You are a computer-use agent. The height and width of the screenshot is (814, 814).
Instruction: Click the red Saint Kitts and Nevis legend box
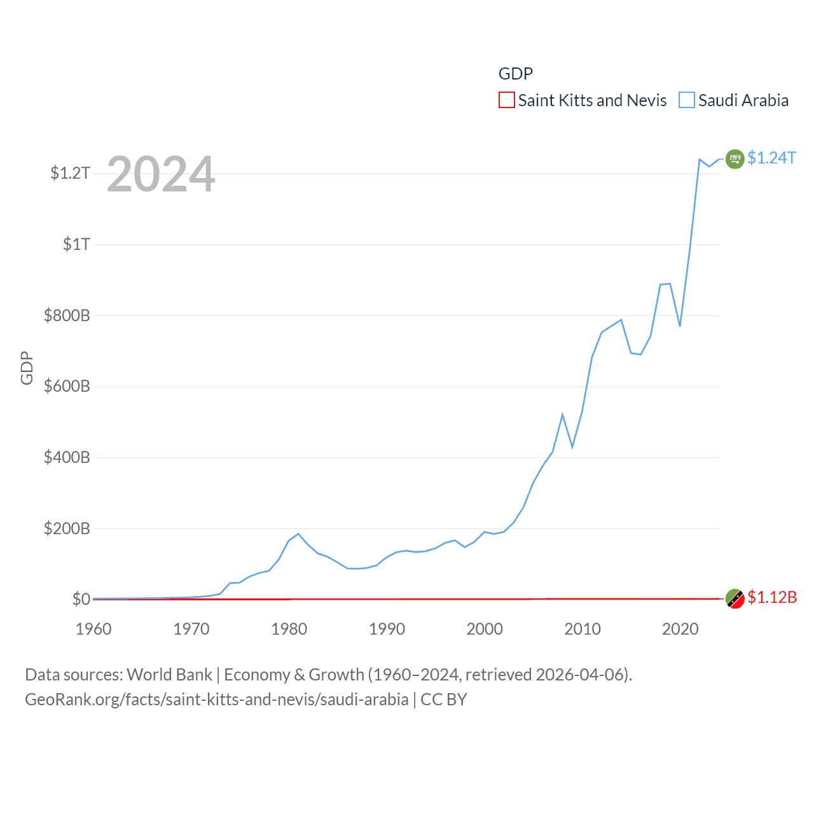[506, 100]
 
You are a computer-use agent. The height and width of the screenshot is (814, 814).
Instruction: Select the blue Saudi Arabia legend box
[687, 100]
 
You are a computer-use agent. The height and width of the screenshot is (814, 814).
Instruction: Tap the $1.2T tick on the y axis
[70, 173]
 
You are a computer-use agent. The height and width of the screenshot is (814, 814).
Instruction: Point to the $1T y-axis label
[76, 244]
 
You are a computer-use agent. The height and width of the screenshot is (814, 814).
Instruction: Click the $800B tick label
[67, 315]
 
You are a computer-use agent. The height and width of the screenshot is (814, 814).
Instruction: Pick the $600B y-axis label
[67, 386]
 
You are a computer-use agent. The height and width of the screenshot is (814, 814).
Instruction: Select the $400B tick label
[67, 457]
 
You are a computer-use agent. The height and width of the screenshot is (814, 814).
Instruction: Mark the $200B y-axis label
[67, 528]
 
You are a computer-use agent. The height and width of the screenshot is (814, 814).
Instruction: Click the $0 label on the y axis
[81, 599]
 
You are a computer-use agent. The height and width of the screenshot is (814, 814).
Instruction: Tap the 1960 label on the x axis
[93, 629]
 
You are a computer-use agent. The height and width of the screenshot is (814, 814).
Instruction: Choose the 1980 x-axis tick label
[289, 629]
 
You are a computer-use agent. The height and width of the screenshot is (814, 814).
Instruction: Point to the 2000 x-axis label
[485, 629]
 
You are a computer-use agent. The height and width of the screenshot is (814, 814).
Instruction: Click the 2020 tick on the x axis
[680, 629]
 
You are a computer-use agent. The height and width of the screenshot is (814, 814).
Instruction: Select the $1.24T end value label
[771, 158]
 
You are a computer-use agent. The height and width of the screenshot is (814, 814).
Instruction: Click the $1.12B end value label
[772, 598]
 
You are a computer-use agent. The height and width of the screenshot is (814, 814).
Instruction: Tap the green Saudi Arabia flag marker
[735, 158]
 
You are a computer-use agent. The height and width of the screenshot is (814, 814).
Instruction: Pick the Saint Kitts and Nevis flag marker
[735, 598]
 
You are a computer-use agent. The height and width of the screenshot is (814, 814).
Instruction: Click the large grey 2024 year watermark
[161, 174]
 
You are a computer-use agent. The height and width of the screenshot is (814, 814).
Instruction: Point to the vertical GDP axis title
[27, 368]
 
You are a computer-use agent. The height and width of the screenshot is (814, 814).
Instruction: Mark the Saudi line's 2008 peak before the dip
[563, 415]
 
